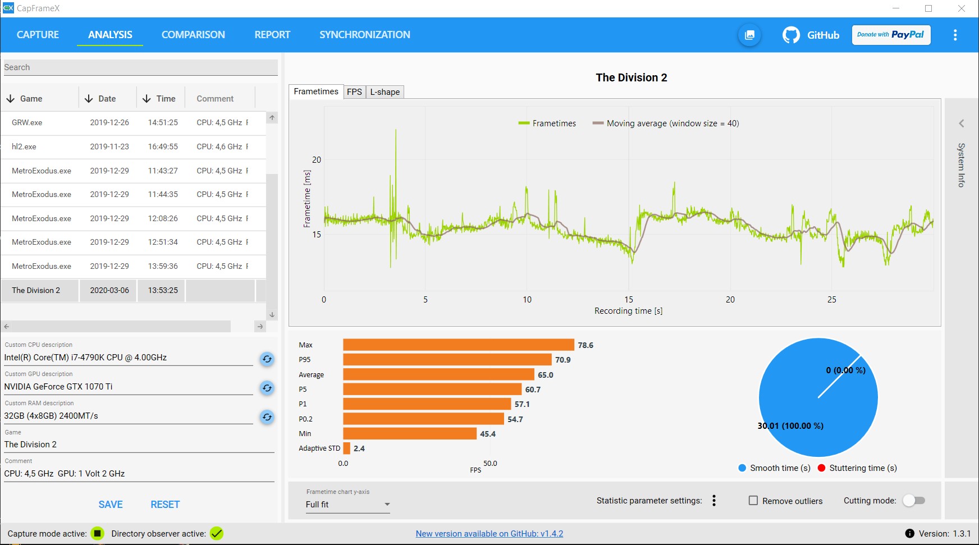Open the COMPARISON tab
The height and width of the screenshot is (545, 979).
coord(193,35)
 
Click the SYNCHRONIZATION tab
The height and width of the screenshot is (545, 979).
coord(364,35)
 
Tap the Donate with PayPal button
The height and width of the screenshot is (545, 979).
coord(891,35)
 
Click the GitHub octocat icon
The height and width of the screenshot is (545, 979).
coord(791,35)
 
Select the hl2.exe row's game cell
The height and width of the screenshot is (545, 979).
coord(24,146)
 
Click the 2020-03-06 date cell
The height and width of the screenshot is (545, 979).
coord(109,290)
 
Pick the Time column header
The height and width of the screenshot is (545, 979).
coord(166,99)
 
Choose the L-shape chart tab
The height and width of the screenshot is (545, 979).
coord(385,92)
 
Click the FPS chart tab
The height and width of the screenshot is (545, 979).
coord(354,92)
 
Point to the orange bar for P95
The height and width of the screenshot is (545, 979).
coord(447,360)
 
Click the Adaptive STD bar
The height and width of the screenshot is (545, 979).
coord(347,448)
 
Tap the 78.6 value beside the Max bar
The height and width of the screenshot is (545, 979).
coord(585,345)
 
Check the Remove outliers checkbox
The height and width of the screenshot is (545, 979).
coord(753,501)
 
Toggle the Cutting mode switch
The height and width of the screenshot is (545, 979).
coord(914,501)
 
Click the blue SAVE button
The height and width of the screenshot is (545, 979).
coord(111,505)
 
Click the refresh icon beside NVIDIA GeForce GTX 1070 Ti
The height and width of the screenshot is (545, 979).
coord(267,388)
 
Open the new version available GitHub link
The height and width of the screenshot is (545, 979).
coord(490,534)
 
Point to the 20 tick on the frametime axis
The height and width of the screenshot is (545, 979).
coord(317,160)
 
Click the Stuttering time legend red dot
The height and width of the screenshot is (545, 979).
coord(822,468)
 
